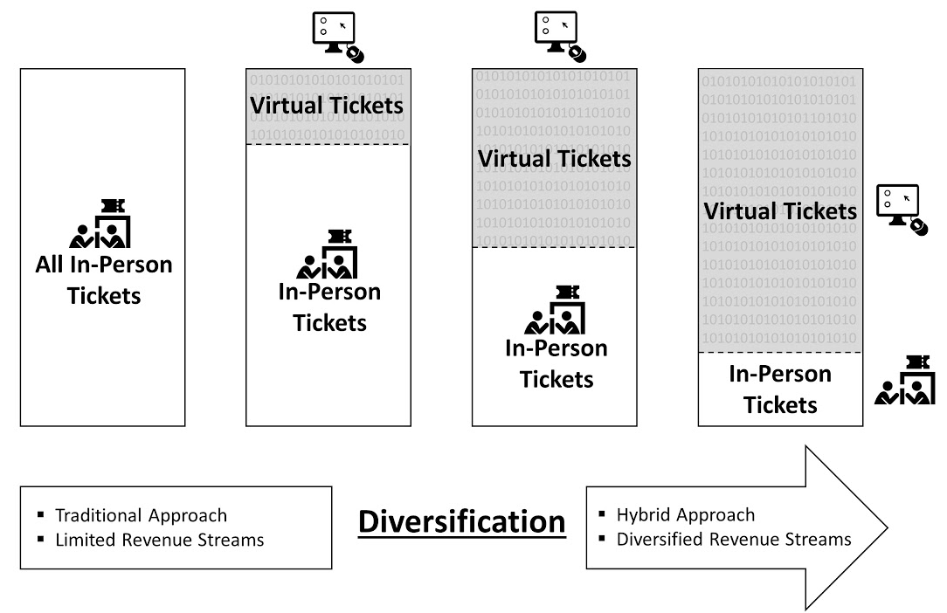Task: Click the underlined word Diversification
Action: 462,522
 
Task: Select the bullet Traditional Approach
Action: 140,515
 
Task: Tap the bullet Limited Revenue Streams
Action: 158,540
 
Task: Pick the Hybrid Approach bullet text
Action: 685,514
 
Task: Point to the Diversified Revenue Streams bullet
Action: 733,539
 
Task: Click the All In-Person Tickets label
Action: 103,279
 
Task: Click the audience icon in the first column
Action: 100,224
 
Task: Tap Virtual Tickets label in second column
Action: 327,106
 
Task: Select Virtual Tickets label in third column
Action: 554,159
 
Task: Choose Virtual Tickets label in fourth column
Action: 780,211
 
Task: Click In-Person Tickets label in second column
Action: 329,306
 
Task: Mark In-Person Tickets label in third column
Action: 556,363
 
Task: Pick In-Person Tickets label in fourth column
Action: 780,389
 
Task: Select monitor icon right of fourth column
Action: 902,210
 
